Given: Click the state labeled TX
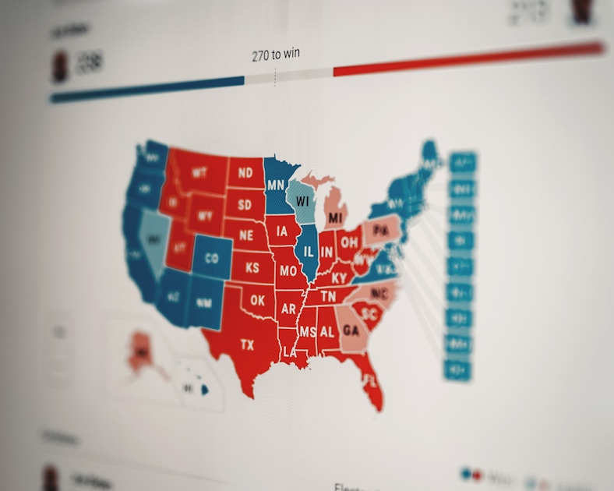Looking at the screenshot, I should (x=247, y=344).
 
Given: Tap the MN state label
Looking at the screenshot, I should (x=275, y=185).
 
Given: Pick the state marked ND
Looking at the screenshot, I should (x=245, y=173).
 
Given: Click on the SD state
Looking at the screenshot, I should (x=245, y=205).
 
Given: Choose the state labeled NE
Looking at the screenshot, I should (x=246, y=235).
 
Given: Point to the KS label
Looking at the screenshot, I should (x=252, y=267).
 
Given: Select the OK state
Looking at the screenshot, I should (x=258, y=300).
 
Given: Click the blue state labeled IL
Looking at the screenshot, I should (x=308, y=251).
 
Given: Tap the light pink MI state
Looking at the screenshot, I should (x=335, y=217).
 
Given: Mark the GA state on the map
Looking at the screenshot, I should (x=351, y=330).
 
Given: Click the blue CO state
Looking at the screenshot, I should (x=211, y=258).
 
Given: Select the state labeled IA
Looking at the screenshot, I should (x=284, y=231).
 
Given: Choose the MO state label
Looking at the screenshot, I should (x=288, y=271).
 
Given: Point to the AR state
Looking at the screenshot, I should (x=288, y=309).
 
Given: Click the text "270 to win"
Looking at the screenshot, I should (x=276, y=55).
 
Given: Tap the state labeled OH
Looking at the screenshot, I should (x=349, y=242).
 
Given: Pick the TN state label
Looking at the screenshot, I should (x=329, y=296).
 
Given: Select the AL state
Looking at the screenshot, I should (x=326, y=332).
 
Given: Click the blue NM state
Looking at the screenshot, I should (x=203, y=303).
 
